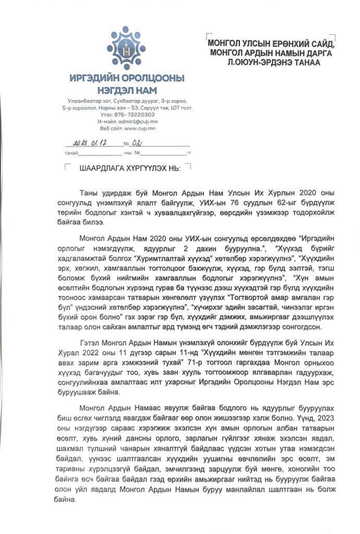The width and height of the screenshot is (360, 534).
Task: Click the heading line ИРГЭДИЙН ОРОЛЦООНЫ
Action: pyautogui.click(x=127, y=79)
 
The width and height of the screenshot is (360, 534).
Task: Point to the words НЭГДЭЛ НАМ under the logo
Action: pyautogui.click(x=127, y=89)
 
